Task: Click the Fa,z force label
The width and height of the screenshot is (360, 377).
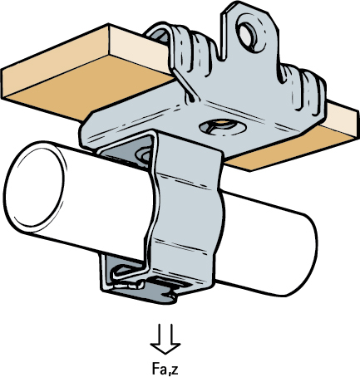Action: [x=165, y=368]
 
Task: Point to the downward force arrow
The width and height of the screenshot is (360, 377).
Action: [x=165, y=339]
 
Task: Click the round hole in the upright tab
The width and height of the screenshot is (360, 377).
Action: [x=248, y=34]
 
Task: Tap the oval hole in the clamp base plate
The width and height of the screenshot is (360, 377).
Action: [x=223, y=126]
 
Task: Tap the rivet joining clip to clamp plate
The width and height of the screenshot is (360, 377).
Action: [x=144, y=156]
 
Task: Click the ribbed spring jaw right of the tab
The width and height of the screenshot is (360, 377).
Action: [x=302, y=89]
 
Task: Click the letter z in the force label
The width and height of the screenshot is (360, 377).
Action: [x=175, y=370]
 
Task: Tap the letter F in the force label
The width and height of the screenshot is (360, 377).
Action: [x=155, y=368]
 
